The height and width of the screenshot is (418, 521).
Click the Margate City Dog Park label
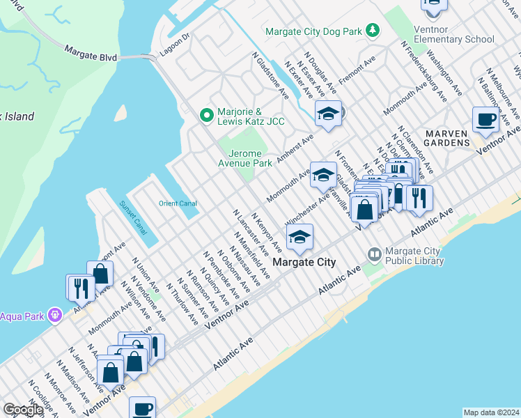coord(315,31)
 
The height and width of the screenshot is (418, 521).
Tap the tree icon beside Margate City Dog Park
coord(373,30)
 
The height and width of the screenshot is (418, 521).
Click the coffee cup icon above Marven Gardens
coord(485,119)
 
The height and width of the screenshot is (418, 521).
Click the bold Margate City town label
coord(304,263)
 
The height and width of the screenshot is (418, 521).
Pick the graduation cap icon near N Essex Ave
coord(327,114)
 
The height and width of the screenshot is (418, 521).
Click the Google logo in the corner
coord(23,410)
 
